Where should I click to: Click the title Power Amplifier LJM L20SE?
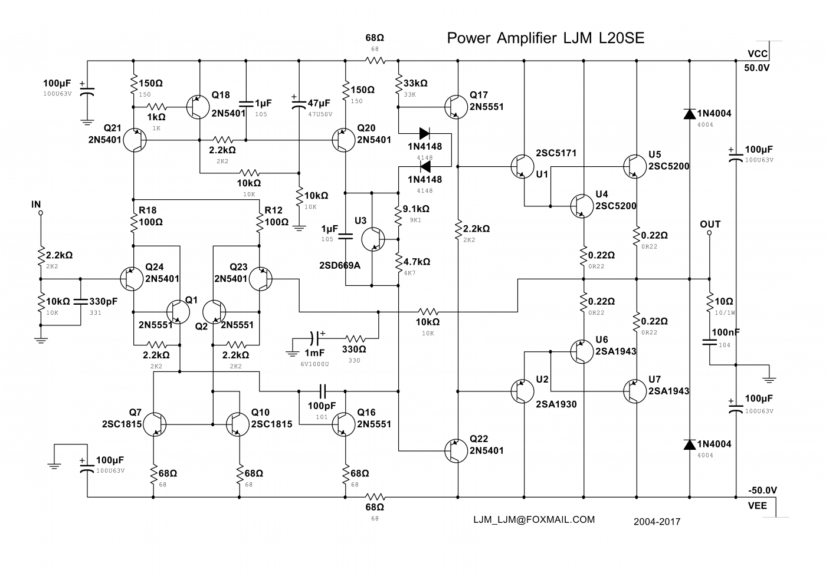point(545,38)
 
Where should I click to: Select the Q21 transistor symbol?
point(135,140)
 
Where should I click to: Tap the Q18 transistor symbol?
point(198,107)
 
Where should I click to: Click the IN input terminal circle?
point(41,213)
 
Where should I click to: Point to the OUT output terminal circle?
point(709,233)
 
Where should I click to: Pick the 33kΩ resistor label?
point(415,83)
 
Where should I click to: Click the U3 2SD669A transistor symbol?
point(373,239)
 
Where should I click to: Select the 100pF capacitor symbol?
point(322,391)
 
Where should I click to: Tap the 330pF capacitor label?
point(103,301)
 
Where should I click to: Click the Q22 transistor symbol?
point(456,450)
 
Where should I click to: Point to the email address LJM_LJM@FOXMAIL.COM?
point(534,519)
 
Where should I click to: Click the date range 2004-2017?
point(657,522)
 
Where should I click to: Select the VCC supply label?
point(758,54)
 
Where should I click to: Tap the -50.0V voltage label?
point(762,490)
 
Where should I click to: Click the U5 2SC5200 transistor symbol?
point(635,167)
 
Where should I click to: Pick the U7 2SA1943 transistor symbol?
point(635,391)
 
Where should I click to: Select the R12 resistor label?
point(273,210)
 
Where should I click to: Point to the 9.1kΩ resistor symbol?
point(398,216)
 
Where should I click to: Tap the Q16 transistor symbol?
point(343,424)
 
